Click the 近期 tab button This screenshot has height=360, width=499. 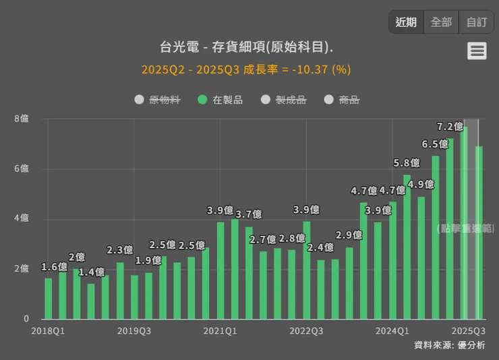pyautogui.click(x=406, y=22)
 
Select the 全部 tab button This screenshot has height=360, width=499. pyautogui.click(x=441, y=22)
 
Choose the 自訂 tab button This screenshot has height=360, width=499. pyautogui.click(x=477, y=22)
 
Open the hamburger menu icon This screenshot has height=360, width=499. pyautogui.click(x=477, y=51)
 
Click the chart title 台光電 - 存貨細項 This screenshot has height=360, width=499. pyautogui.click(x=246, y=47)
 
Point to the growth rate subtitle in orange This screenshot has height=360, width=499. pyautogui.click(x=246, y=69)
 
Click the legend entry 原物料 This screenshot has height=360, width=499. pyautogui.click(x=158, y=100)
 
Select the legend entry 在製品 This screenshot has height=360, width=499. pyautogui.click(x=221, y=100)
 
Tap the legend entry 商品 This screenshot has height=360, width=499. pyautogui.click(x=342, y=100)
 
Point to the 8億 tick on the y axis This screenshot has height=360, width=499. pyautogui.click(x=22, y=119)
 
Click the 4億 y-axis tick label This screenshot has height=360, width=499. pyautogui.click(x=22, y=218)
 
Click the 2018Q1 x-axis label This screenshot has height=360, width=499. pyautogui.click(x=49, y=331)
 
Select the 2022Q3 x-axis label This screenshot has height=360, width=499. pyautogui.click(x=306, y=331)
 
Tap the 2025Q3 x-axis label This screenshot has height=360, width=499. pyautogui.click(x=468, y=331)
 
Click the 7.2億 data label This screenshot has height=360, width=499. pyautogui.click(x=450, y=126)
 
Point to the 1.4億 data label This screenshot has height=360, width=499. pyautogui.click(x=91, y=272)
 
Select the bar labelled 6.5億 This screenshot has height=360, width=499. pyautogui.click(x=436, y=236)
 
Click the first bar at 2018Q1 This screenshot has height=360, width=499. pyautogui.click(x=49, y=298)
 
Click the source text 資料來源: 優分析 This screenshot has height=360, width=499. pyautogui.click(x=449, y=345)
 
